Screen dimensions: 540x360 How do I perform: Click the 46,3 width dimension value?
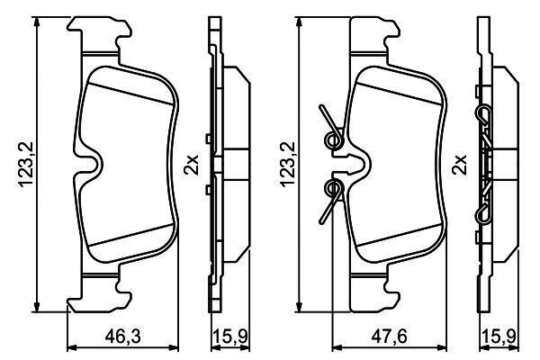click(x=123, y=337)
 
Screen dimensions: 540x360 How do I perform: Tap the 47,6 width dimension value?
click(x=389, y=337)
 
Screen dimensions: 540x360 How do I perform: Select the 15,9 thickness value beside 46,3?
click(x=230, y=337)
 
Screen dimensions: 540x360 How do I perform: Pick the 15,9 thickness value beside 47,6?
click(x=499, y=337)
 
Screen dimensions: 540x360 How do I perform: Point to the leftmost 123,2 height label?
click(x=26, y=165)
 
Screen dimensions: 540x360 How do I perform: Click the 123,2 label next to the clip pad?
click(x=288, y=165)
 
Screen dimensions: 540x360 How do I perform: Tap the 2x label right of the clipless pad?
click(x=192, y=165)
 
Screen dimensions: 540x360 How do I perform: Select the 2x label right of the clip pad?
click(x=460, y=165)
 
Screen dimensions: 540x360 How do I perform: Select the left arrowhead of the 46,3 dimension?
click(x=72, y=348)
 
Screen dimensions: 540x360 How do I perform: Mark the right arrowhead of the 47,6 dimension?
click(x=442, y=348)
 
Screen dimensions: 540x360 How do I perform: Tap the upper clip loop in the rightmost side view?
click(x=483, y=112)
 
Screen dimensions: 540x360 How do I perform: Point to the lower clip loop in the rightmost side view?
click(x=483, y=214)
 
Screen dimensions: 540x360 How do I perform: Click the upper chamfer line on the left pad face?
click(x=130, y=94)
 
